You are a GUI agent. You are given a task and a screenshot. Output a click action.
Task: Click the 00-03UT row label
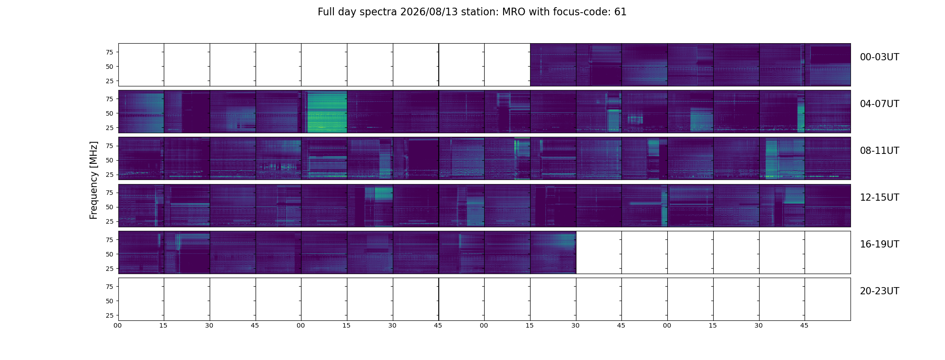pyautogui.click(x=879, y=57)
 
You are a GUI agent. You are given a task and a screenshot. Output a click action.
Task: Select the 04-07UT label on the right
pyautogui.click(x=879, y=104)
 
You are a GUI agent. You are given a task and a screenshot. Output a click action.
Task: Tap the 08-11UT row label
pyautogui.click(x=879, y=151)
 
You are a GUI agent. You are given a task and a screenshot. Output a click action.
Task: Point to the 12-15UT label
pyautogui.click(x=879, y=198)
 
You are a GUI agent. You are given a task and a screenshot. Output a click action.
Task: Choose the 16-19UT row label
pyautogui.click(x=879, y=244)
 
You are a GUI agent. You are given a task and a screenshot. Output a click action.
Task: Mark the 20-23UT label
pyautogui.click(x=879, y=291)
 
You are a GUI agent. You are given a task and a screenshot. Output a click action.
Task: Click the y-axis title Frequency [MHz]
pyautogui.click(x=94, y=180)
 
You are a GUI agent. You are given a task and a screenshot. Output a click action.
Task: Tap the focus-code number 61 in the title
pyautogui.click(x=621, y=12)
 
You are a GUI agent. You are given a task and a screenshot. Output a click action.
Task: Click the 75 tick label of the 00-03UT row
pyautogui.click(x=109, y=52)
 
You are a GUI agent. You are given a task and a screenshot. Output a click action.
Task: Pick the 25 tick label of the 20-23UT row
pyautogui.click(x=109, y=315)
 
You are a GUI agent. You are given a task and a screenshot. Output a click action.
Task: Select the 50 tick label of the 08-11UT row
pyautogui.click(x=109, y=160)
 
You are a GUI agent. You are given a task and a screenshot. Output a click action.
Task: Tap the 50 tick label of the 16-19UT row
pyautogui.click(x=109, y=254)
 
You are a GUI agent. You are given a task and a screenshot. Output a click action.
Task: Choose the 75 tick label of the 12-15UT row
pyautogui.click(x=109, y=193)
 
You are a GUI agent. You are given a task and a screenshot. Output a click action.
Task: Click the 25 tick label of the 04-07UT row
pyautogui.click(x=109, y=128)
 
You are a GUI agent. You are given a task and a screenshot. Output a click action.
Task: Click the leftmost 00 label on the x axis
pyautogui.click(x=118, y=325)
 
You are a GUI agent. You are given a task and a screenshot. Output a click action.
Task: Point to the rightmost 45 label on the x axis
pyautogui.click(x=804, y=325)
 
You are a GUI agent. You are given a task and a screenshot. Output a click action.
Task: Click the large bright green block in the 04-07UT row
pyautogui.click(x=327, y=112)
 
